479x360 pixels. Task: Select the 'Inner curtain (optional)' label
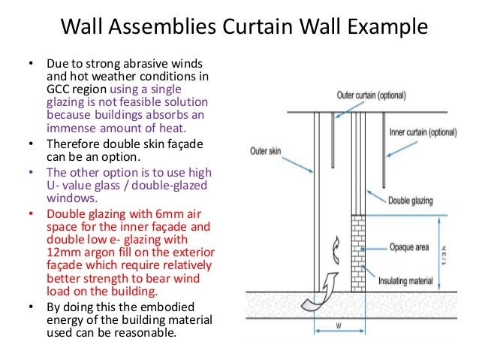coord(422,132)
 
